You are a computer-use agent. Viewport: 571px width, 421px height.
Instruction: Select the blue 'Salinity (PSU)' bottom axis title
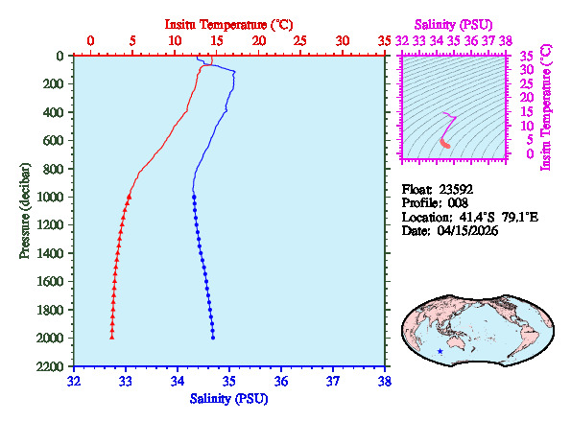click(228, 398)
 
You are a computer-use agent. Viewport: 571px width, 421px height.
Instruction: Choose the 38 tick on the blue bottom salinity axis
click(385, 381)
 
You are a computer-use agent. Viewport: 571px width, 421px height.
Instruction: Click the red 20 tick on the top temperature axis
click(258, 40)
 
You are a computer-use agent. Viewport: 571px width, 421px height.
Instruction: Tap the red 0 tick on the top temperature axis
click(90, 40)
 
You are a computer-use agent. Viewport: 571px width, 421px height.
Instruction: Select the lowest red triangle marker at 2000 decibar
click(111, 338)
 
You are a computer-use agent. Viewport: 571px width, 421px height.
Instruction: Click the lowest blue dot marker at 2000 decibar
click(213, 338)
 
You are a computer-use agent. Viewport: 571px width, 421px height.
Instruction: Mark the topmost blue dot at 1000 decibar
click(194, 197)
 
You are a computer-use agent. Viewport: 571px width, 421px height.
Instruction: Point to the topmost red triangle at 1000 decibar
click(130, 196)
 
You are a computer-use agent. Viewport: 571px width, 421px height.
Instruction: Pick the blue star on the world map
click(440, 352)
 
